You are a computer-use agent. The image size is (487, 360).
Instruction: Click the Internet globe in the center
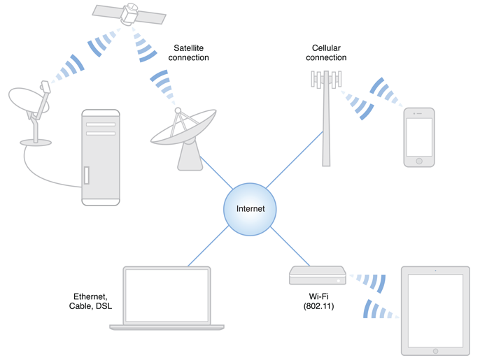(250, 209)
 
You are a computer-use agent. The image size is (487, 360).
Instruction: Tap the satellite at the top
(129, 13)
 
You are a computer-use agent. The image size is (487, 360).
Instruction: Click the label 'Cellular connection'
(326, 52)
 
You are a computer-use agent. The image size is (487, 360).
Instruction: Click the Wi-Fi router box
(318, 275)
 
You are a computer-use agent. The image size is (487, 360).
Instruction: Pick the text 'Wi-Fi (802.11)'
(317, 301)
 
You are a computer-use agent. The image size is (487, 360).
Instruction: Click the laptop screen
(167, 294)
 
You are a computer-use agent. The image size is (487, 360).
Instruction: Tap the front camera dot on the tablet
(435, 271)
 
